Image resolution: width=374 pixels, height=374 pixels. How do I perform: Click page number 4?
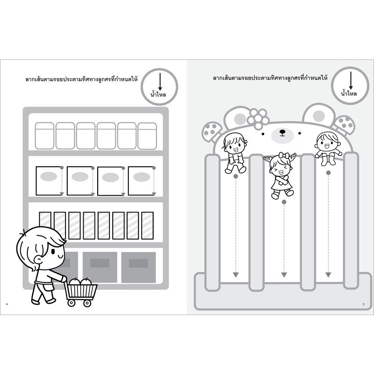[7, 304]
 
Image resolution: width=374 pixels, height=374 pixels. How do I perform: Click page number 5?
[363, 304]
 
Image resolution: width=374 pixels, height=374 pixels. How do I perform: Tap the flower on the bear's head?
[258, 117]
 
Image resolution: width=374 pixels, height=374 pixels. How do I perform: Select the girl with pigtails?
[281, 174]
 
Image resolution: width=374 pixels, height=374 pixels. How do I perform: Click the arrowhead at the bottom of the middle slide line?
[282, 275]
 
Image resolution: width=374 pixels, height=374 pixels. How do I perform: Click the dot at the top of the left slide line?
[236, 176]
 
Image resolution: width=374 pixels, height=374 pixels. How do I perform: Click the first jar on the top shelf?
[44, 135]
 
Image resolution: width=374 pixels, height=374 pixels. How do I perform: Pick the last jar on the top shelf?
[147, 135]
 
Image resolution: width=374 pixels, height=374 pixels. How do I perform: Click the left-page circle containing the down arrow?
[161, 86]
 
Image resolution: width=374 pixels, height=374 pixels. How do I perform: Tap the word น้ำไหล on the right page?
[349, 93]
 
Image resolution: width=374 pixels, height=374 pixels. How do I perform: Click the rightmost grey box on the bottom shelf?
[138, 267]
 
